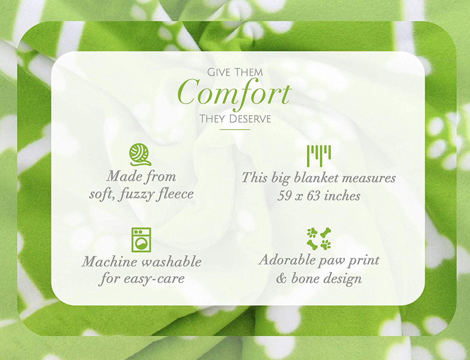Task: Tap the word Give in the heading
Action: pos(219,72)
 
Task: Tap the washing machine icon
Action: pos(141,240)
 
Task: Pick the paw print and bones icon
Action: pos(319,239)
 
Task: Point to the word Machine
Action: pos(109,262)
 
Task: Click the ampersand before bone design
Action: pos(281,279)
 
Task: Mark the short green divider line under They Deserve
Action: pos(235,129)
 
